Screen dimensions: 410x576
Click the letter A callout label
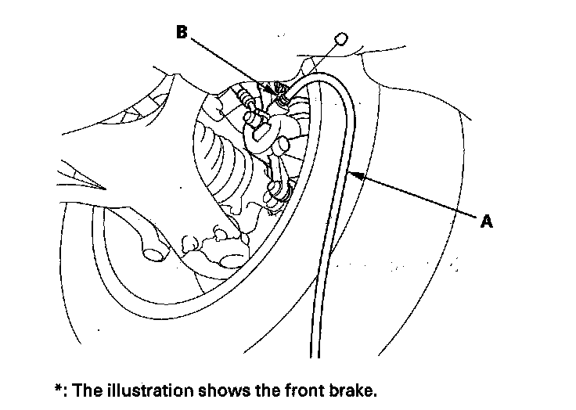pyautogui.click(x=486, y=221)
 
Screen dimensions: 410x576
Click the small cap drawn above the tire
pyautogui.click(x=340, y=38)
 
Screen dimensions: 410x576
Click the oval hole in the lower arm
pyautogui.click(x=153, y=254)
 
